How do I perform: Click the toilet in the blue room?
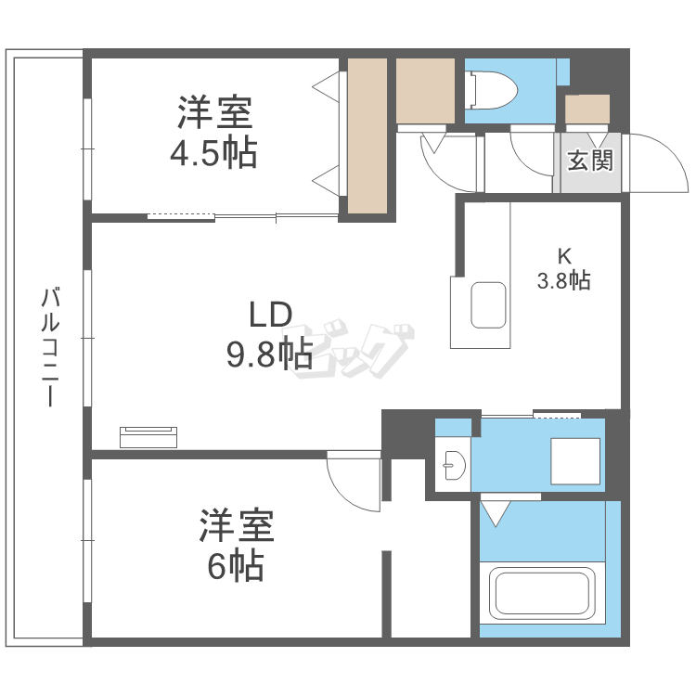[x=484, y=90]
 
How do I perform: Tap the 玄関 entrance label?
[x=589, y=161]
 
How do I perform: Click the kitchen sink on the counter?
[x=489, y=304]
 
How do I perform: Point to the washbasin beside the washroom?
[x=453, y=465]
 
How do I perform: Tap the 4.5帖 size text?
[x=213, y=153]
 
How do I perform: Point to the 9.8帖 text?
[x=269, y=354]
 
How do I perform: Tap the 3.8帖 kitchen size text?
[x=564, y=280]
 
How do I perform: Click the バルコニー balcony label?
[x=51, y=348]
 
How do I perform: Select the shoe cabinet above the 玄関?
[x=587, y=110]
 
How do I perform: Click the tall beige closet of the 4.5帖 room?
[x=367, y=135]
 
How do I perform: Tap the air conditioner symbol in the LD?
[x=148, y=435]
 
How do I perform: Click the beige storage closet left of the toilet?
[x=425, y=90]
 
